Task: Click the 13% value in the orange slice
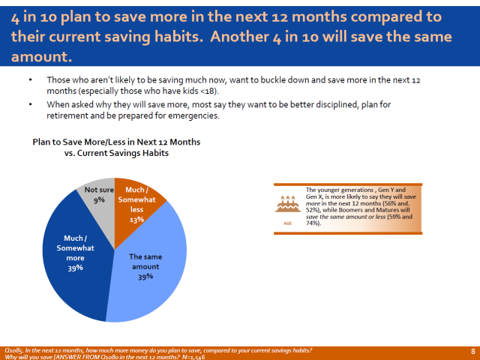click(136, 220)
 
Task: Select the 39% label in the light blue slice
click(145, 276)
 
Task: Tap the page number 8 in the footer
click(472, 351)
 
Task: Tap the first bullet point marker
click(30, 80)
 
